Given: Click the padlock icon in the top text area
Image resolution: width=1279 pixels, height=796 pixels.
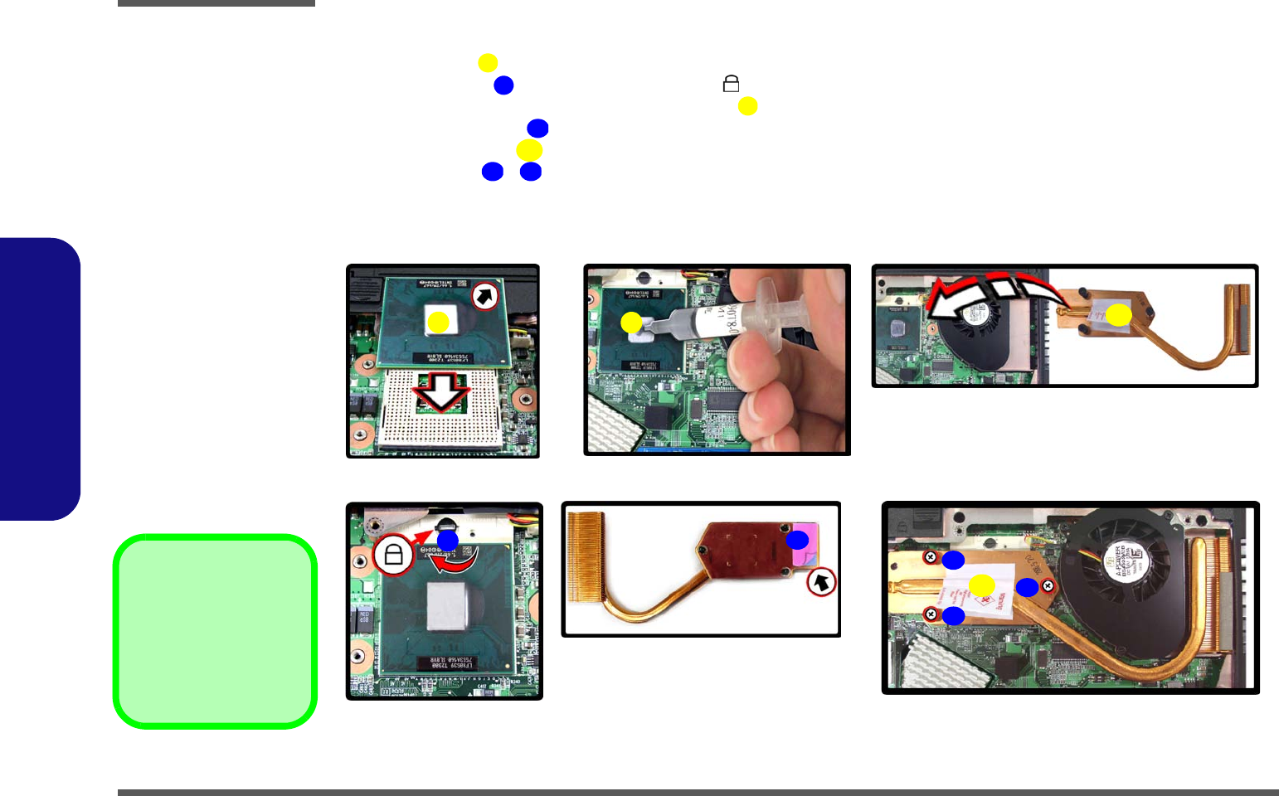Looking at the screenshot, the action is tap(731, 84).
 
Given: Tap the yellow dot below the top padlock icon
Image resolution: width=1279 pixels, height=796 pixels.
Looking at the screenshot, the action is tap(747, 106).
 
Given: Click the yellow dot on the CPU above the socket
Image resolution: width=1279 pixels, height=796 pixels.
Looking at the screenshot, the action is tap(438, 322).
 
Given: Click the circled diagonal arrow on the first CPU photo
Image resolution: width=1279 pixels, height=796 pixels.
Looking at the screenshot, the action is tap(485, 296).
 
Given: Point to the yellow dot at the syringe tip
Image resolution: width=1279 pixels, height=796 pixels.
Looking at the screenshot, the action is tap(631, 323).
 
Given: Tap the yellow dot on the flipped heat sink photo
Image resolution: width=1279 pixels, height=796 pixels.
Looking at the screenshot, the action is tap(1118, 315).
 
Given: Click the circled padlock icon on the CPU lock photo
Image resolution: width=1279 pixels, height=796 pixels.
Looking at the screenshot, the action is tap(393, 555).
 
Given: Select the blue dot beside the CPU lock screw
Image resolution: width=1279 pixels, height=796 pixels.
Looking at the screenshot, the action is tap(447, 541).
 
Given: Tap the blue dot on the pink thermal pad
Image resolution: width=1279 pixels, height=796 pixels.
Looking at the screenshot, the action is tap(797, 540).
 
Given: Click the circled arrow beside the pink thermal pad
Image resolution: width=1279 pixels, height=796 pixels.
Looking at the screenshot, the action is tap(821, 583).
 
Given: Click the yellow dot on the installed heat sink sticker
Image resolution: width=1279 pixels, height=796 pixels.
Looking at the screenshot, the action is tap(981, 585).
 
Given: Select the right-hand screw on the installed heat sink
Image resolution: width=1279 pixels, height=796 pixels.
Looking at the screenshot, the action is tap(1048, 586).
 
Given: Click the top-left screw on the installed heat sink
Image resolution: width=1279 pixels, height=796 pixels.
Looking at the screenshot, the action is tap(931, 557).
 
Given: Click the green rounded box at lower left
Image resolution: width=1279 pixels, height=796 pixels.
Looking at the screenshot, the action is tap(216, 632).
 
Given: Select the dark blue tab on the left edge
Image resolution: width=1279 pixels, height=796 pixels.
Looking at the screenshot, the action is tap(40, 379).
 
